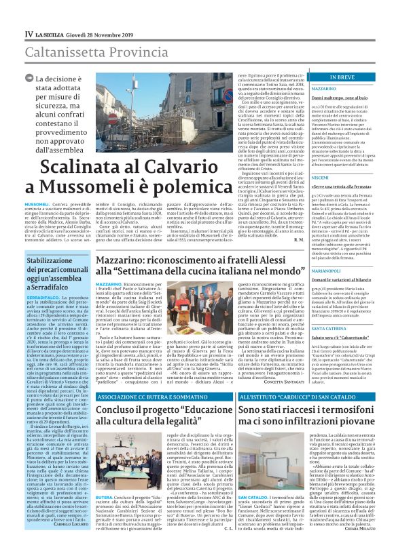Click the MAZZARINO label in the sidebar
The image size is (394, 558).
[323, 89]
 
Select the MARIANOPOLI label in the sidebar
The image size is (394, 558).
[327, 271]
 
